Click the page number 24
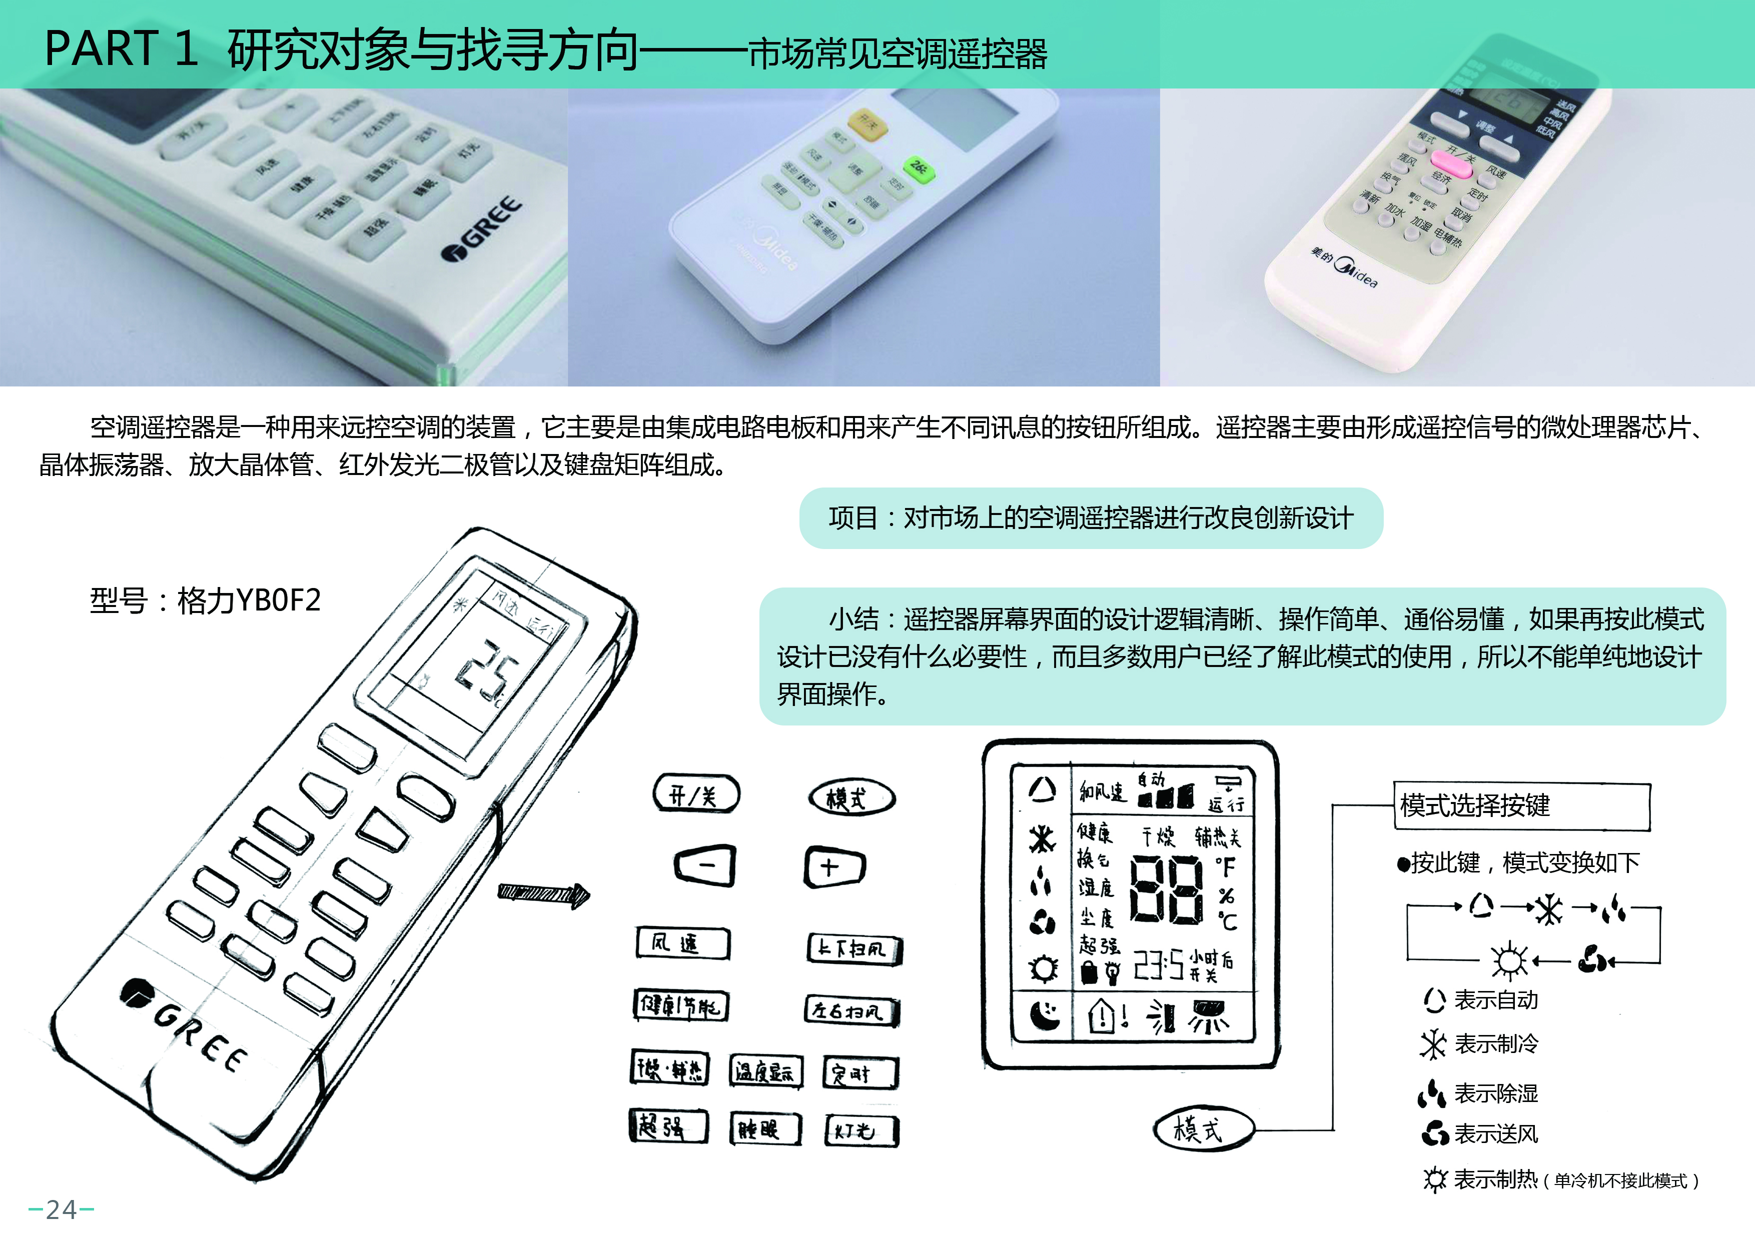61,1209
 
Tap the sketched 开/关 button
695,794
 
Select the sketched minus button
705,865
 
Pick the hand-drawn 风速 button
682,943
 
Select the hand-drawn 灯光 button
861,1130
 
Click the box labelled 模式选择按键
1521,805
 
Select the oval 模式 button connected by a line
1202,1128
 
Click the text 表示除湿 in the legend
1495,1093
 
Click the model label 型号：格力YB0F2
205,600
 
